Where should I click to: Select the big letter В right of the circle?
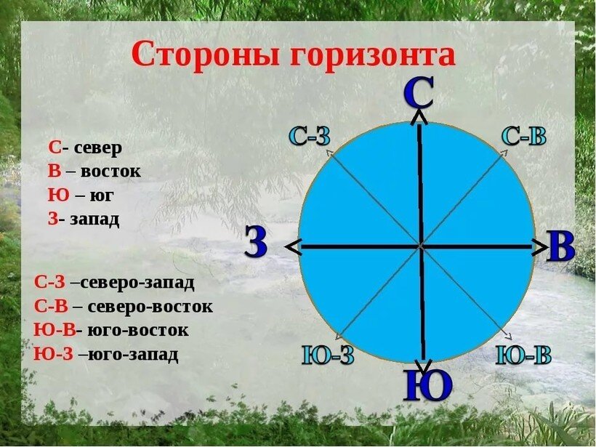tap(560, 246)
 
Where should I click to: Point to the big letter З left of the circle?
tap(255, 243)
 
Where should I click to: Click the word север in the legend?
tap(97, 148)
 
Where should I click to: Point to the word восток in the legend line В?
tap(110, 172)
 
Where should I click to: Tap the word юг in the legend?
tap(102, 195)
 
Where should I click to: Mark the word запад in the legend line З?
tap(94, 218)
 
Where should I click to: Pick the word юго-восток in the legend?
tap(137, 330)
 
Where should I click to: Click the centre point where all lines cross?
tap(420, 247)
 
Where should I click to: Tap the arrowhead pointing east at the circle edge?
tap(541, 247)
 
